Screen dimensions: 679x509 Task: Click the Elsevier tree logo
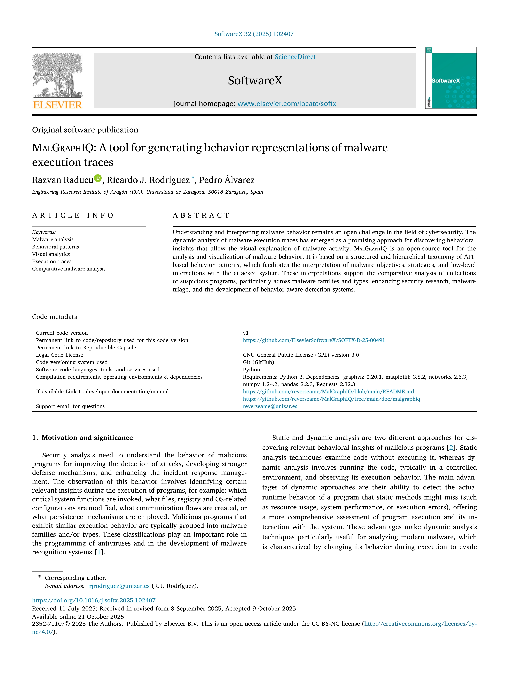pyautogui.click(x=57, y=81)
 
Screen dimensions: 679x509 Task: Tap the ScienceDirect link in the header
pyautogui.click(x=295, y=57)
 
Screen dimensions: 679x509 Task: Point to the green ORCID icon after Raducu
pyautogui.click(x=98, y=178)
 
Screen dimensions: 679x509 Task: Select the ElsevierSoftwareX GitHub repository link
pyautogui.click(x=314, y=340)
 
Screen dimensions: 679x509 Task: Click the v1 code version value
pyautogui.click(x=246, y=333)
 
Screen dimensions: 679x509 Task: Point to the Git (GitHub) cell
pyautogui.click(x=258, y=362)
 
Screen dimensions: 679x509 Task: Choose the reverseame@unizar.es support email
pyautogui.click(x=270, y=406)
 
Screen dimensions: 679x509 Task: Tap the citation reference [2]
pyautogui.click(x=451, y=448)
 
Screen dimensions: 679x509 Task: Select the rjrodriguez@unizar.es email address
pyautogui.click(x=119, y=586)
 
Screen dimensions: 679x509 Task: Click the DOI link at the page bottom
pyautogui.click(x=94, y=600)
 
